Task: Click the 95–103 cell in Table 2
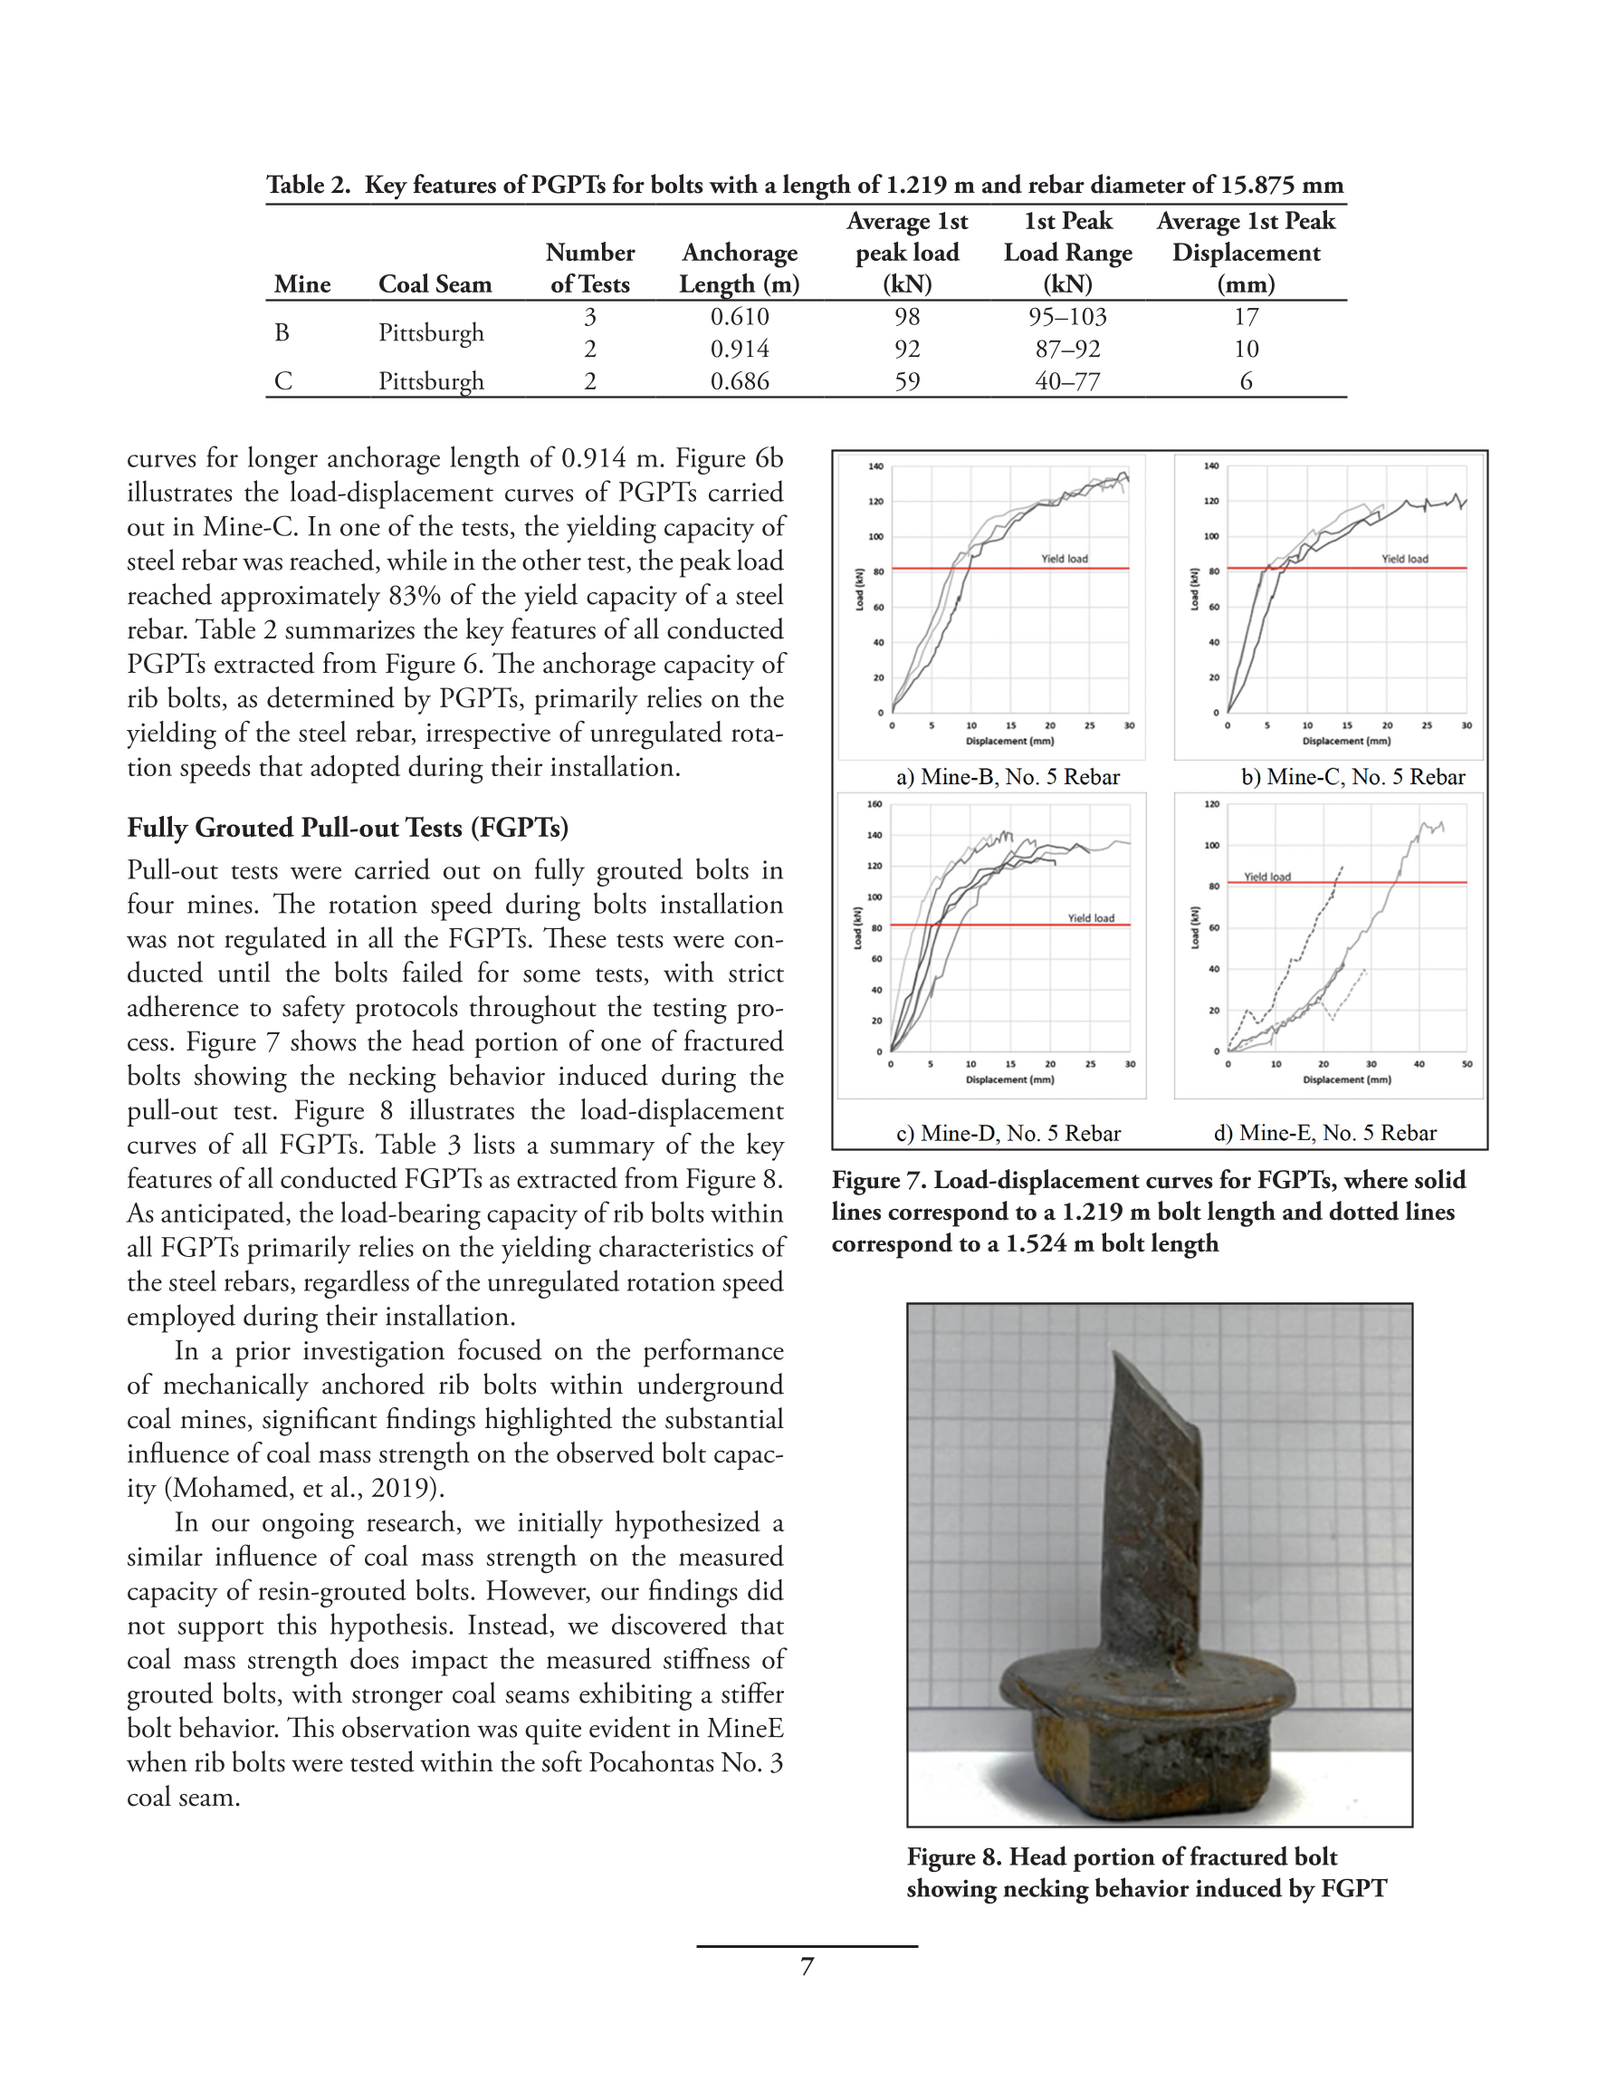pos(1067,317)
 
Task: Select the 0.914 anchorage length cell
pos(739,350)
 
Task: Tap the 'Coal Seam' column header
pos(435,284)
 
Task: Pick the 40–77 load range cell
pos(1067,382)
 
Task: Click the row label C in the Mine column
pos(282,382)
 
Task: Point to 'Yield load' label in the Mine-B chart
pos(1064,559)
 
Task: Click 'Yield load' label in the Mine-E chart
pos(1266,877)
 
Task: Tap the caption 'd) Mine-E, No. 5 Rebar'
pos(1325,1134)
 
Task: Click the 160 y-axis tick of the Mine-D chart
pos(874,804)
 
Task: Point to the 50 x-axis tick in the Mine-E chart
pos(1467,1064)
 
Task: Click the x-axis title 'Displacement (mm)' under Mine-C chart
pos(1346,741)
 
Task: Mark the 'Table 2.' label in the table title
pos(309,185)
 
